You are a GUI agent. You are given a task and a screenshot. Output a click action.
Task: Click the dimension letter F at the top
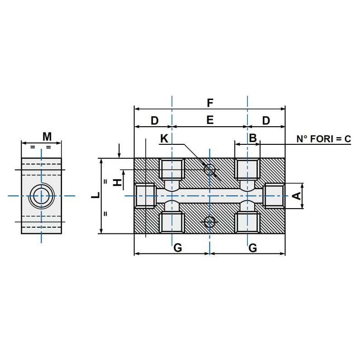[210, 103]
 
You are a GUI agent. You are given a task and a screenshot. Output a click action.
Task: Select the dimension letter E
[210, 120]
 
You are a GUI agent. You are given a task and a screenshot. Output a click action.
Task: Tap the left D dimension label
[154, 120]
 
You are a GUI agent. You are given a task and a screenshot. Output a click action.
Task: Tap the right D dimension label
[266, 120]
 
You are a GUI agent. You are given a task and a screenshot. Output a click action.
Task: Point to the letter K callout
[164, 138]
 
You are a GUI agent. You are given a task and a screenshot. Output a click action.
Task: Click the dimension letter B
[253, 138]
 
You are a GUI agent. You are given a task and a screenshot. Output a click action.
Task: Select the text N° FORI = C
[324, 139]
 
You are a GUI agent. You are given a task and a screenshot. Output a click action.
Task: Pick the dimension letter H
[117, 182]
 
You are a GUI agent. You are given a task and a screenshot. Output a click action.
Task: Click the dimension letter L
[95, 196]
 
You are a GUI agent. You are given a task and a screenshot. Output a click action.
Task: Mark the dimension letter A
[296, 196]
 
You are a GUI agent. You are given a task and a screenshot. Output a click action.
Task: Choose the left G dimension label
[178, 248]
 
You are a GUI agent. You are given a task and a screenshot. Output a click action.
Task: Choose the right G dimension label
[253, 248]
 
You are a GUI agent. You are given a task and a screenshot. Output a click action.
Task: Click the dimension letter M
[47, 136]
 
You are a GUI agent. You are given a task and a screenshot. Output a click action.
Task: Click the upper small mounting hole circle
[210, 170]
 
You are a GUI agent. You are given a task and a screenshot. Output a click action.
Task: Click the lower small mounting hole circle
[210, 222]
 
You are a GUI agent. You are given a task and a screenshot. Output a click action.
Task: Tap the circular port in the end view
[42, 196]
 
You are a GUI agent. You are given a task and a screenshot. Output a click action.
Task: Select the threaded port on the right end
[274, 196]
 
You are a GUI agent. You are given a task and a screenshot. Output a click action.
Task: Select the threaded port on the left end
[146, 196]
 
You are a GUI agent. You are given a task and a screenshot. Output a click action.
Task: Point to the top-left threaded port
[172, 169]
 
